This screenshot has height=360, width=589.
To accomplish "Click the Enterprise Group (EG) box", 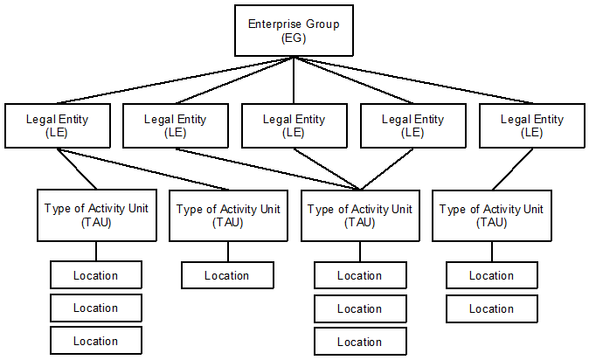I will pos(293,31).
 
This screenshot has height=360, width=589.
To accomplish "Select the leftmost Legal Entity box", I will pos(57,125).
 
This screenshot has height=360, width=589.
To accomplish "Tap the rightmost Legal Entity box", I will pos(532,125).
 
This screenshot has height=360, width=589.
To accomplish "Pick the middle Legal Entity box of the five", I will pos(294,125).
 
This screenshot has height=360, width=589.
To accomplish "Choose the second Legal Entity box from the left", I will pos(175,125).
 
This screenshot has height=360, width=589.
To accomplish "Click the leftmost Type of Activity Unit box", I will pos(96,215).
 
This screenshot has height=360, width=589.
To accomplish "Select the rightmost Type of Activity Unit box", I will pos(491,215).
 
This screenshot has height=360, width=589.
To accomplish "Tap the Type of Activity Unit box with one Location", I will pos(227,215).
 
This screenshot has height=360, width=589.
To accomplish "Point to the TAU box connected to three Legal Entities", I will pos(359,215).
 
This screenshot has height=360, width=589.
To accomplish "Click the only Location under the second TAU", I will pos(227,275).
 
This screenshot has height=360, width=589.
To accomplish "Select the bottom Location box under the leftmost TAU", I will pos(95,340).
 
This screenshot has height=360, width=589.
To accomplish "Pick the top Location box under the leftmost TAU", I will pos(95,275).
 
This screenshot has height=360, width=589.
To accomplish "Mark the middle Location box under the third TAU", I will pos(359,308).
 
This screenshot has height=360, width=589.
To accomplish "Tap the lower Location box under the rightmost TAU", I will pos(491,308).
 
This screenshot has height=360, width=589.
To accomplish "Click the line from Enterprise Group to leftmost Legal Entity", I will pos(175,80).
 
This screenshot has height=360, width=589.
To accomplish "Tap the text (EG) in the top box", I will pos(293,39).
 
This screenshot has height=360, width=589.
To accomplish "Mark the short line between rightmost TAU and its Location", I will pos(491,251).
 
